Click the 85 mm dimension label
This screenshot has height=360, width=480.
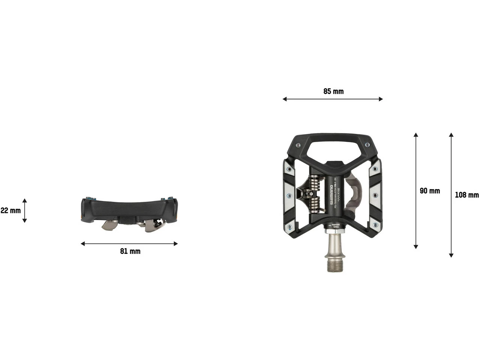(333, 91)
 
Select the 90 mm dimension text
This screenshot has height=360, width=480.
(430, 191)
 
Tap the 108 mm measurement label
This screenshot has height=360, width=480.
(466, 195)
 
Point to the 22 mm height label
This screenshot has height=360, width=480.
(10, 210)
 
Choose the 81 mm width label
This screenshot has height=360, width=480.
(130, 251)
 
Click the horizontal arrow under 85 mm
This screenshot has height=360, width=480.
(333, 99)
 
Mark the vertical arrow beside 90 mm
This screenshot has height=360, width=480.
(415, 190)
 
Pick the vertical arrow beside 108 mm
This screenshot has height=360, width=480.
(451, 195)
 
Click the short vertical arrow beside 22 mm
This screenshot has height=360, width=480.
(25, 210)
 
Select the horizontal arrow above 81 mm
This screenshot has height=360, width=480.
(129, 244)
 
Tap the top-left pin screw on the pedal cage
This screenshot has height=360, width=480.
(298, 145)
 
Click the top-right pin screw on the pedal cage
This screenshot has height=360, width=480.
(367, 145)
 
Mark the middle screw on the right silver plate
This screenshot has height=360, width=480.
(375, 195)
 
